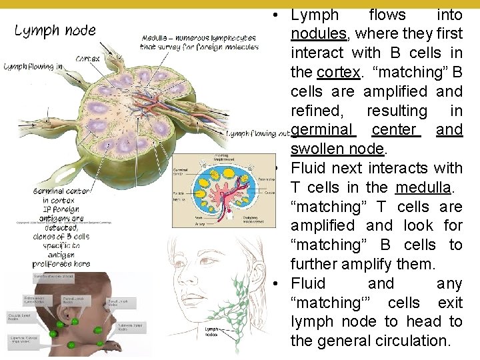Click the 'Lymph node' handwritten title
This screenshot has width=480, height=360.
pos(55,31)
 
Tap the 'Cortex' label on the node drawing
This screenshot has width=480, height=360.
pos(88,58)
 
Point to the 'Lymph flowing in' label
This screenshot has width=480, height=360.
pos(33,67)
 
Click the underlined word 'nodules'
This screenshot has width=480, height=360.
pos(319,33)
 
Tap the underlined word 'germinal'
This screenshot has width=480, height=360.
pos(323,129)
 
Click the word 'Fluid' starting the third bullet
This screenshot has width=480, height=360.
pos(308,283)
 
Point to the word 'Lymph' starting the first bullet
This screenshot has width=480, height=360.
pos(315,15)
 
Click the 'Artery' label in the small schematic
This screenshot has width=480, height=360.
pos(181,225)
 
